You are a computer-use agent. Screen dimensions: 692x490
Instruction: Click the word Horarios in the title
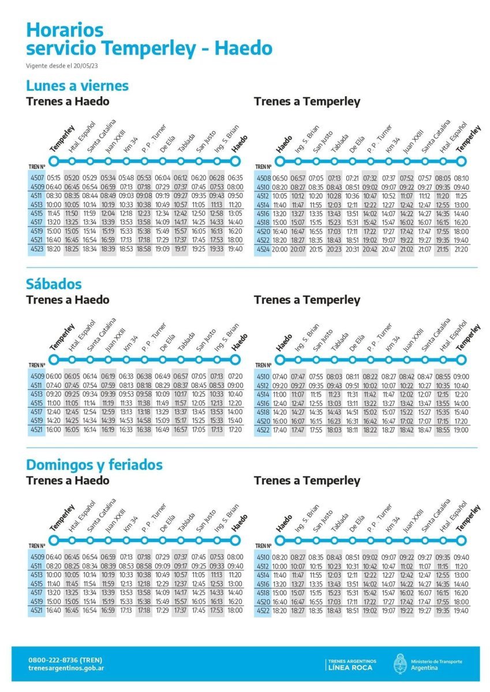(x=65, y=29)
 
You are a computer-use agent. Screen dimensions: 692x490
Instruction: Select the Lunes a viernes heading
(x=77, y=86)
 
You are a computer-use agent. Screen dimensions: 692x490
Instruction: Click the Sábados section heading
(x=54, y=284)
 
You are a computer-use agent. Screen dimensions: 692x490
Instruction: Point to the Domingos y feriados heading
(x=94, y=465)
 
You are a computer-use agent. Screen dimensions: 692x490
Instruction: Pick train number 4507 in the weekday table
(x=38, y=178)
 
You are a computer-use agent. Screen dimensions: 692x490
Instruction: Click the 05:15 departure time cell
(x=54, y=178)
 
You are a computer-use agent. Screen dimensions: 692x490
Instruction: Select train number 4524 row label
(x=264, y=250)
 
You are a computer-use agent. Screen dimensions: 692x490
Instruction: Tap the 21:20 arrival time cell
(x=461, y=250)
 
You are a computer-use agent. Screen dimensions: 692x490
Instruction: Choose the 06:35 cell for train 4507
(x=235, y=178)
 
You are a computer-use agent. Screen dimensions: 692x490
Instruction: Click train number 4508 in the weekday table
(x=264, y=178)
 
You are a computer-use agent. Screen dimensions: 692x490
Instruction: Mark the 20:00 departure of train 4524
(x=280, y=250)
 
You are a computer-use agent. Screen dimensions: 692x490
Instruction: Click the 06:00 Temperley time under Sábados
(x=54, y=376)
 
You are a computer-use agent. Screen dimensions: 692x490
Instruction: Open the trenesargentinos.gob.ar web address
(x=66, y=668)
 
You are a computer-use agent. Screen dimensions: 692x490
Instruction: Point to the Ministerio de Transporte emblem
(x=400, y=664)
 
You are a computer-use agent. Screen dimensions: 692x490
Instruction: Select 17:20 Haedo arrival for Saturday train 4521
(x=235, y=430)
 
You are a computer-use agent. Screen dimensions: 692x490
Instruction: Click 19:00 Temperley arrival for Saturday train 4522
(x=461, y=430)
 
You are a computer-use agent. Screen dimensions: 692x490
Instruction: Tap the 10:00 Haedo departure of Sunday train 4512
(x=280, y=566)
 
